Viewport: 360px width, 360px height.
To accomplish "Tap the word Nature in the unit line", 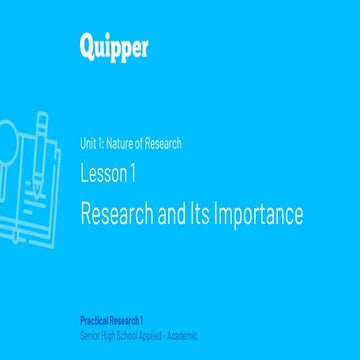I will point(119,144).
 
